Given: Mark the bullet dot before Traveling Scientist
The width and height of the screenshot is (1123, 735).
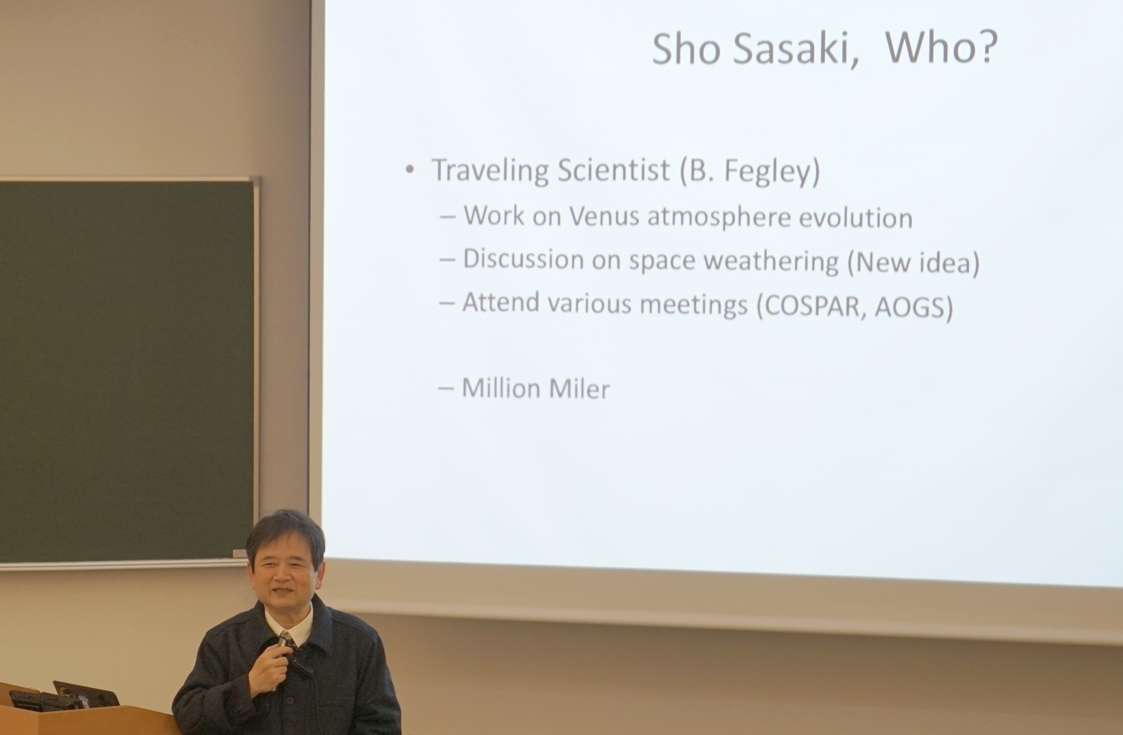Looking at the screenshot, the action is pos(410,169).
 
